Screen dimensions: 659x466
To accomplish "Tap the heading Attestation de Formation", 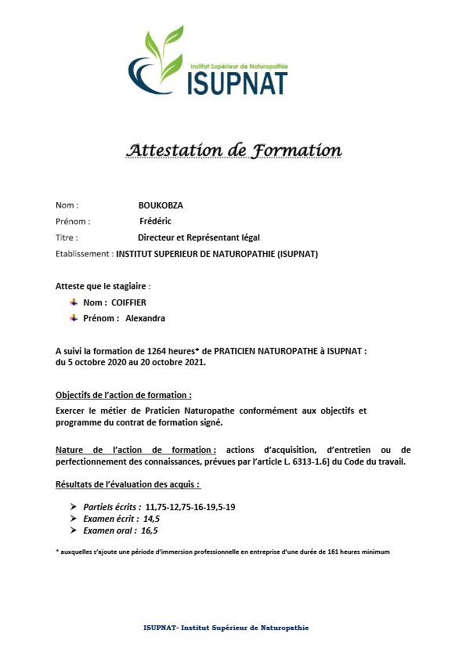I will (234, 150).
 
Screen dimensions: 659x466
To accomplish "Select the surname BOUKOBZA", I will (161, 205).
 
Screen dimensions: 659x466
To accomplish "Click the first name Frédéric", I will (155, 221).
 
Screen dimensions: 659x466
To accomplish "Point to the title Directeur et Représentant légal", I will (199, 237).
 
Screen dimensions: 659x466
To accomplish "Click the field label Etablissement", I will (84, 254).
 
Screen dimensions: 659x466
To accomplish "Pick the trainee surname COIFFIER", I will (129, 302).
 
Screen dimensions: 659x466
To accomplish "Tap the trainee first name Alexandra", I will (146, 318).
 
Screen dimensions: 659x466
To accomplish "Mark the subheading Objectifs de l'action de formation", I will (124, 395).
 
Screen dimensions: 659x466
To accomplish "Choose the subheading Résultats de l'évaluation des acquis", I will (122, 484).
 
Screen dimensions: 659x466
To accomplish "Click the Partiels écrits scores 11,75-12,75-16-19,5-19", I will (190, 507).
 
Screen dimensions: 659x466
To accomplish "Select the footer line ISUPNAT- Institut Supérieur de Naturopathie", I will (226, 628).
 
